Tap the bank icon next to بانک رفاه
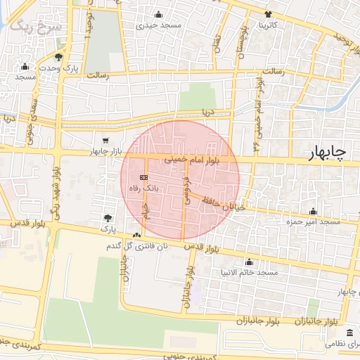point(143,177)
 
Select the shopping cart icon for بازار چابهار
point(105,141)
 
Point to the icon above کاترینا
point(268,14)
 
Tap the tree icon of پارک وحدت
point(58,57)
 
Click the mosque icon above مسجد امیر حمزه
point(314,211)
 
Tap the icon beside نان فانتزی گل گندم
point(136,235)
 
